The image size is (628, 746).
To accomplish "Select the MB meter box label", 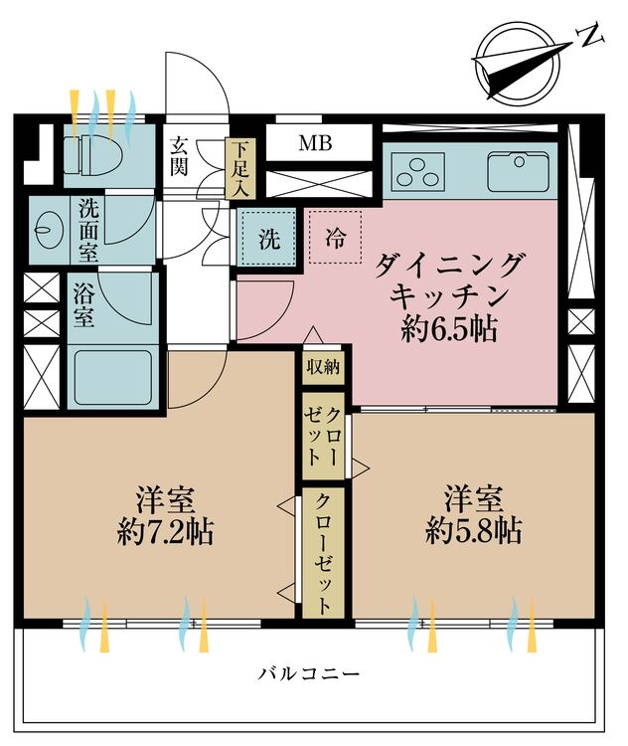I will click(x=316, y=142).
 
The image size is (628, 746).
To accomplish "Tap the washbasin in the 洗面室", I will click(x=47, y=229).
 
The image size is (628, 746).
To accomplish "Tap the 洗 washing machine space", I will click(x=268, y=239).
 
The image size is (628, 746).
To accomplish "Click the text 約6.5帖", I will click(x=449, y=329).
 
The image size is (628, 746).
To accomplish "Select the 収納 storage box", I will click(x=323, y=367).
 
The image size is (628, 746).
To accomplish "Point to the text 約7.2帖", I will click(x=164, y=533).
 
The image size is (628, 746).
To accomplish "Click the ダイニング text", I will click(x=450, y=265).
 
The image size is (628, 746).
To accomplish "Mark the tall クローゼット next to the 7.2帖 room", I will click(x=323, y=553).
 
